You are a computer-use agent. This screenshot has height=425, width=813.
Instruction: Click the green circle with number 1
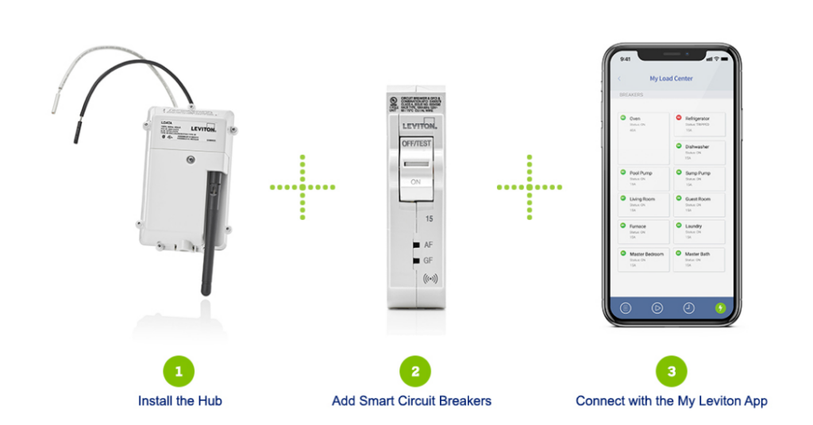pyautogui.click(x=179, y=370)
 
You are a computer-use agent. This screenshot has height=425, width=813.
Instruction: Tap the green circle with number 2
pyautogui.click(x=415, y=370)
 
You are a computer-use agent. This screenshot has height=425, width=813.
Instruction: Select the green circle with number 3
pyautogui.click(x=671, y=370)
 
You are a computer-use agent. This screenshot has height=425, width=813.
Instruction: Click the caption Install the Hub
pyautogui.click(x=179, y=401)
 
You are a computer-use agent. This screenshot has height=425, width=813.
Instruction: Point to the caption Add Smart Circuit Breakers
pyautogui.click(x=411, y=401)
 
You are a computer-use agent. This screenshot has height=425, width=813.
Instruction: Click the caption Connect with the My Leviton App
pyautogui.click(x=671, y=401)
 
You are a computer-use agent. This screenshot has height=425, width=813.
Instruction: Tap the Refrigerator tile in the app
pyautogui.click(x=699, y=124)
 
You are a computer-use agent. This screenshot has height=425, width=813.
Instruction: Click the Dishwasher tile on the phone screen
pyautogui.click(x=699, y=151)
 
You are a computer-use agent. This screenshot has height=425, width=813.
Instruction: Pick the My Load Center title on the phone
pyautogui.click(x=671, y=79)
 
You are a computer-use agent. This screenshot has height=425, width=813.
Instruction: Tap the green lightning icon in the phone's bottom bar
pyautogui.click(x=720, y=307)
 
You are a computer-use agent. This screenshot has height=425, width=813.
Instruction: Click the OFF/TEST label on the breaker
pyautogui.click(x=416, y=142)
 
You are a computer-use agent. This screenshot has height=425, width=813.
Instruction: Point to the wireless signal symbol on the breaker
pyautogui.click(x=430, y=278)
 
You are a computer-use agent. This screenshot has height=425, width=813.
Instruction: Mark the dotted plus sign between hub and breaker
pyautogui.click(x=302, y=187)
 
